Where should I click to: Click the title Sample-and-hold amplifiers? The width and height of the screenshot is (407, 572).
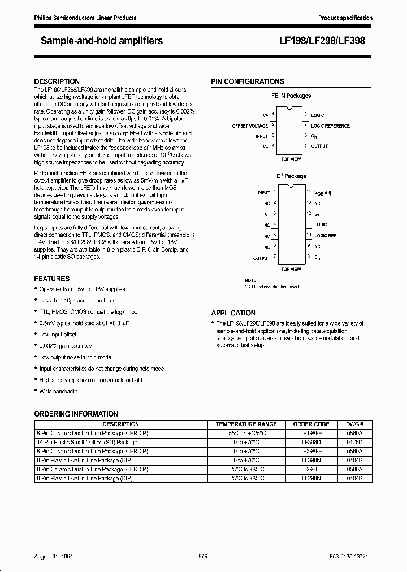(102, 41)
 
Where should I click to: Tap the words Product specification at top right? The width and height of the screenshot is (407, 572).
(345, 18)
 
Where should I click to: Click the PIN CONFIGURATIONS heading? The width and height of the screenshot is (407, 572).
(248, 81)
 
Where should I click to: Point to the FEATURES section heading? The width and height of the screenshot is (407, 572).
(52, 279)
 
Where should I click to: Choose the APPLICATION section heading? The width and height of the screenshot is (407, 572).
(233, 313)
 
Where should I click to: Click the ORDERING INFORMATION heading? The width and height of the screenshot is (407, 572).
(76, 414)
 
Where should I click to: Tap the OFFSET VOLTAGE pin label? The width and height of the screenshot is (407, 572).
(250, 125)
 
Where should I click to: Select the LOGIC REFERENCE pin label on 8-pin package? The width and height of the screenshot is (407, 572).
(330, 125)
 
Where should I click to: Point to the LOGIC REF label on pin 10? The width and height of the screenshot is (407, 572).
(325, 235)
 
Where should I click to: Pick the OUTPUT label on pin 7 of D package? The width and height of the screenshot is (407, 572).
(261, 258)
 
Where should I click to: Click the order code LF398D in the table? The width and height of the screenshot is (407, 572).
(311, 442)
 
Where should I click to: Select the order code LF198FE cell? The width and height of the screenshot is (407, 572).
(311, 433)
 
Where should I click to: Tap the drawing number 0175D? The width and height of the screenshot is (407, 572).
(354, 442)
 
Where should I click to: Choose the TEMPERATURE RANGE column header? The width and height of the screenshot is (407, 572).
(246, 424)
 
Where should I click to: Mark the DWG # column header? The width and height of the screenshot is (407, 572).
(354, 424)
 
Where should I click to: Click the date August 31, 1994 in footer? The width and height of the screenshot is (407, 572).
(57, 557)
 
